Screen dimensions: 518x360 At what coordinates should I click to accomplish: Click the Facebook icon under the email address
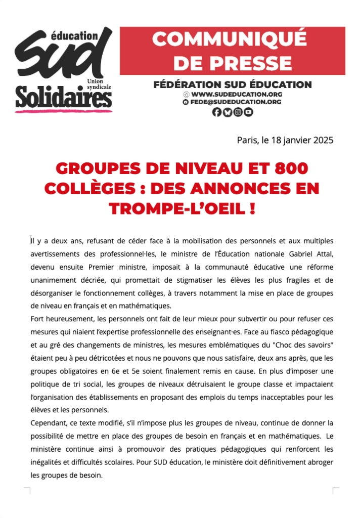(x=217, y=112)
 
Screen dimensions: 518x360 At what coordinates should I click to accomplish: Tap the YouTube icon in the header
(x=248, y=112)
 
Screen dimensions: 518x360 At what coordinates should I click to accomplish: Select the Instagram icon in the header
(x=238, y=112)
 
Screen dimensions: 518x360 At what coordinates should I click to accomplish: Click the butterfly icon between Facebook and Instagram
(x=228, y=112)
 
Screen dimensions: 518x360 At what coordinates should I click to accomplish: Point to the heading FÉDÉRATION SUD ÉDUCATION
(x=233, y=84)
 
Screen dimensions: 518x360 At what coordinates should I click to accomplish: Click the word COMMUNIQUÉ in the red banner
(x=230, y=39)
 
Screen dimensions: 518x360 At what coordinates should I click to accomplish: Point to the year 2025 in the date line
(x=323, y=140)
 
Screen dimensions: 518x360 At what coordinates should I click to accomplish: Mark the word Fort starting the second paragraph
(x=37, y=319)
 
